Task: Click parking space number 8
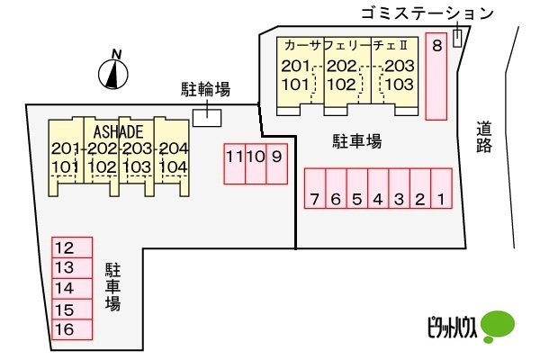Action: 436,76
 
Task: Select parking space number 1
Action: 442,188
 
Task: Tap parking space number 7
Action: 315,188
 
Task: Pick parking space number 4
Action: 378,188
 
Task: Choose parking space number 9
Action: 277,164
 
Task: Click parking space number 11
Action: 235,164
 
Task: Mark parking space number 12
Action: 72,247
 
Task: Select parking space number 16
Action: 72,329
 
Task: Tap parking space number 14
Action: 72,288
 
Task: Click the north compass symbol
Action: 113,72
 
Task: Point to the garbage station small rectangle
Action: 457,38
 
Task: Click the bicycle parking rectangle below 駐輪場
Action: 207,118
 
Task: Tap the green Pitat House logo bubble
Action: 498,326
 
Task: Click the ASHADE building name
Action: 119,132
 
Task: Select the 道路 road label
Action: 484,137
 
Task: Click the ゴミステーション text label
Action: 427,13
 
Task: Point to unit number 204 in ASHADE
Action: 174,148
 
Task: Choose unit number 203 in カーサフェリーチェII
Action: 400,66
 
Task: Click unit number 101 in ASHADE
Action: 66,167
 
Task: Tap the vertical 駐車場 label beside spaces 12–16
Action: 113,287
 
